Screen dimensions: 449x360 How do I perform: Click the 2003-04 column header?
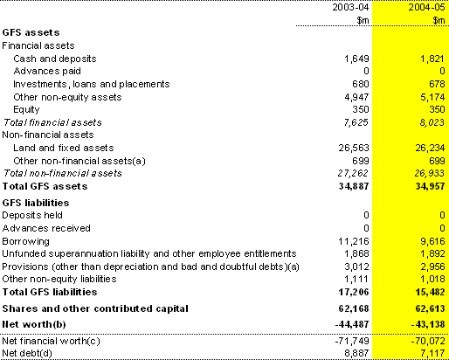350,7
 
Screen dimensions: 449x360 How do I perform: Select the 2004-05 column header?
426,7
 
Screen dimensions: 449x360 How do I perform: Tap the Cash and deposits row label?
55,59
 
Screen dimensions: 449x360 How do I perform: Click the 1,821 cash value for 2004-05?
432,59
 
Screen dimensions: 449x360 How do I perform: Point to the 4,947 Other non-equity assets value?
356,97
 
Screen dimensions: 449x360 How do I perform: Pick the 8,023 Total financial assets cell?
432,122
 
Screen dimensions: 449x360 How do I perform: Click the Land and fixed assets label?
64,148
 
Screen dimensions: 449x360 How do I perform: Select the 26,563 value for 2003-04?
354,148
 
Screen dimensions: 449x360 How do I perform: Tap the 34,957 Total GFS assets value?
430,186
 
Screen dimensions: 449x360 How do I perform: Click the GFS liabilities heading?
36,203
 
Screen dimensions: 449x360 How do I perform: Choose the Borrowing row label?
25,241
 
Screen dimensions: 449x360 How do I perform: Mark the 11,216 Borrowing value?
354,241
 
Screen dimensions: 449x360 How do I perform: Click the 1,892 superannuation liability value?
432,253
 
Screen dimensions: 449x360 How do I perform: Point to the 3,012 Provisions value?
356,267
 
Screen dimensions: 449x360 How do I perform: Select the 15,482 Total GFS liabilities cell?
430,292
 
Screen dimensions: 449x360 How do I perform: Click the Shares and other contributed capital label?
95,308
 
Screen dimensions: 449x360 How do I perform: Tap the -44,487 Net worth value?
352,324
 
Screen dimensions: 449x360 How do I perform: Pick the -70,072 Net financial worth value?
428,341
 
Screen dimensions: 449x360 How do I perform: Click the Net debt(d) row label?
27,353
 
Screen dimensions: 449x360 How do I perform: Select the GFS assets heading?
31,32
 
